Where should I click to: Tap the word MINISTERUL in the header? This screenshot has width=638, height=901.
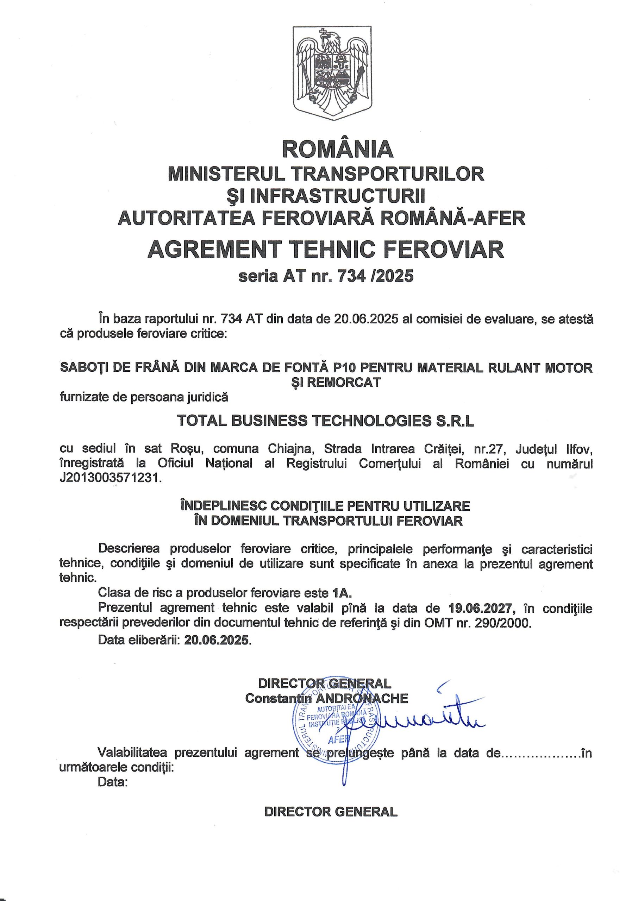[x=226, y=174]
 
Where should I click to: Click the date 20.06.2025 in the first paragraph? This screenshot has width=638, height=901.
[x=367, y=319]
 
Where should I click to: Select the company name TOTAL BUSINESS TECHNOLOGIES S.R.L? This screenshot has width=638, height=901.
[x=326, y=421]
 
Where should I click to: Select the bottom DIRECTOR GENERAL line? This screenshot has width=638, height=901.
[x=331, y=812]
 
